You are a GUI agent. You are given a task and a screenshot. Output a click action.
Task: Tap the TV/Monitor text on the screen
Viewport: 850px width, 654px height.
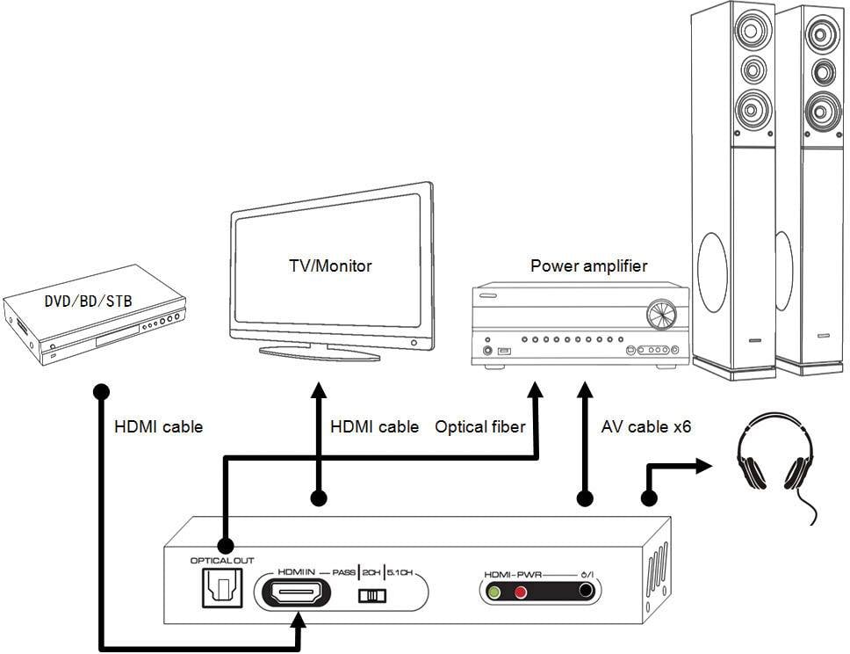click(330, 265)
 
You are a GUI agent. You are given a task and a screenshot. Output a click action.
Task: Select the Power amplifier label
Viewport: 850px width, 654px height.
click(588, 265)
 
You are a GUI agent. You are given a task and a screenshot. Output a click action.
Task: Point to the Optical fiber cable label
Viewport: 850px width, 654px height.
click(479, 427)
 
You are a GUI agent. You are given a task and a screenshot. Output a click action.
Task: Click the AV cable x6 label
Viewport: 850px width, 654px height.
click(645, 427)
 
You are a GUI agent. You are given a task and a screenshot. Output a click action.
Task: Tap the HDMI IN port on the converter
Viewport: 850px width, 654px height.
click(298, 594)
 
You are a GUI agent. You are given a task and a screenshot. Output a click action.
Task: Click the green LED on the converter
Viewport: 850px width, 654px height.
click(494, 592)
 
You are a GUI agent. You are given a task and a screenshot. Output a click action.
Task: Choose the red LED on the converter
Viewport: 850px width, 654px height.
click(520, 592)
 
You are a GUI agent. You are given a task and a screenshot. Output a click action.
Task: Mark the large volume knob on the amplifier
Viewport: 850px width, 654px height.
click(661, 315)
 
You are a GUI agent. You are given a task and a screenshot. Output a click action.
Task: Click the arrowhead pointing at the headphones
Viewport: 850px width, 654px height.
click(702, 467)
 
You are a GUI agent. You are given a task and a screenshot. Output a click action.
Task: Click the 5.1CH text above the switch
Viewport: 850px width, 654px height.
click(400, 572)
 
